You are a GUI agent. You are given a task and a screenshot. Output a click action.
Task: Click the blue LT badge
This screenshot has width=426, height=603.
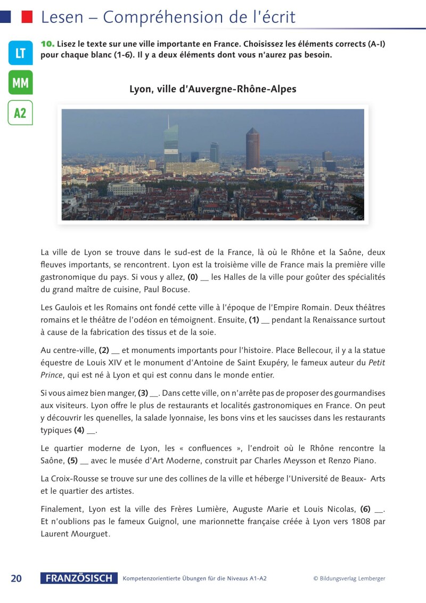pos(20,53)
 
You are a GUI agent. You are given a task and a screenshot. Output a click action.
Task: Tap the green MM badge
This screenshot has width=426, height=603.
pos(20,83)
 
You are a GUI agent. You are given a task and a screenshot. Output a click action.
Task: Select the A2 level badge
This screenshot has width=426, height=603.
pos(20,112)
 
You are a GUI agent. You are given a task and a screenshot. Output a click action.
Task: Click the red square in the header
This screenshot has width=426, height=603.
pos(27,17)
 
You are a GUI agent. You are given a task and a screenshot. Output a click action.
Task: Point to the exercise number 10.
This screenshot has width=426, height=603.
pos(47,44)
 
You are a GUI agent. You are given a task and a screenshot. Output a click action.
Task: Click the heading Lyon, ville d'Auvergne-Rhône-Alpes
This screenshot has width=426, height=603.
pos(213,89)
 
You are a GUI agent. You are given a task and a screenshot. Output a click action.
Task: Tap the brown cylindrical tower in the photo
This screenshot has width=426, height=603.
pos(252,148)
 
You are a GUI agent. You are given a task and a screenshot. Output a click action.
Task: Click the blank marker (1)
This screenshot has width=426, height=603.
pos(254,320)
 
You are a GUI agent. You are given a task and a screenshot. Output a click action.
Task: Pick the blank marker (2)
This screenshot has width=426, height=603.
pos(104,350)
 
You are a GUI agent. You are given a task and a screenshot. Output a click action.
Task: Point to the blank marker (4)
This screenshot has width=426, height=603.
pos(79,430)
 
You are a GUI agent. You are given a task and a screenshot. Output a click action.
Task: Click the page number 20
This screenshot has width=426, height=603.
pos(17,578)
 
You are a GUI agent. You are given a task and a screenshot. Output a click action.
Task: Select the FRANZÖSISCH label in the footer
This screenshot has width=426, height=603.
pos(79,578)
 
